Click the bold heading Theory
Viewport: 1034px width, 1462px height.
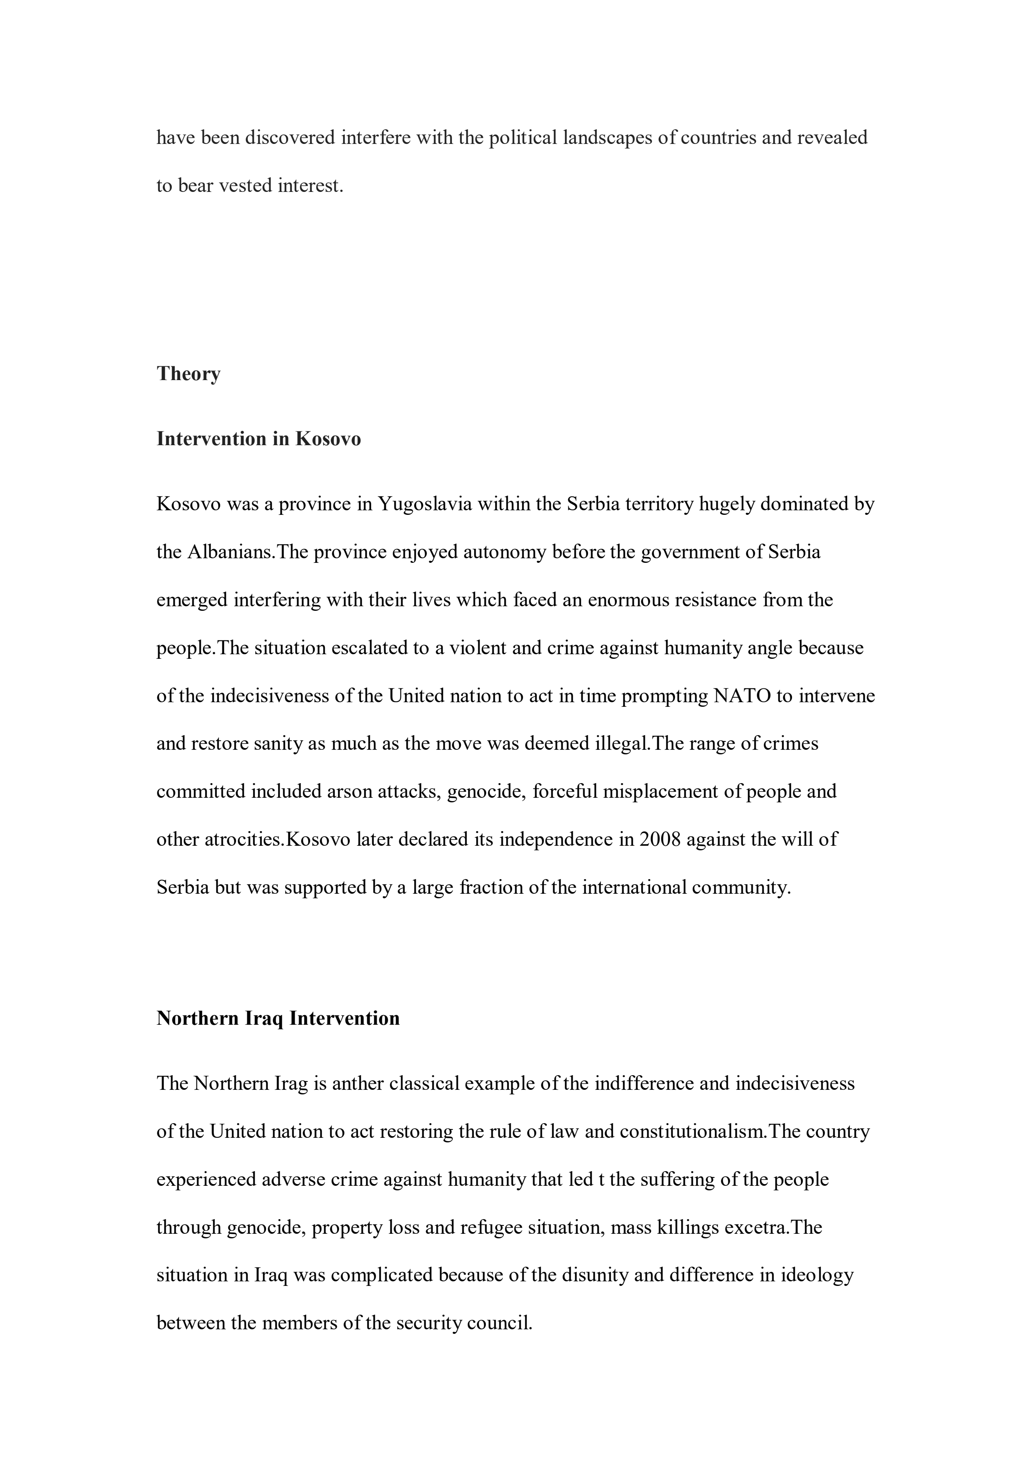(189, 374)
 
